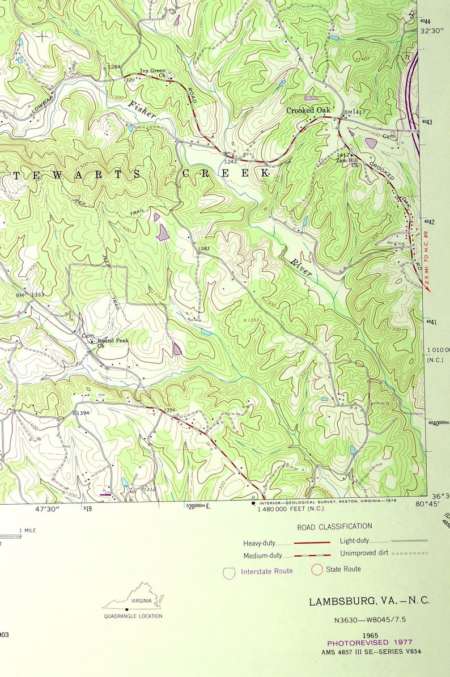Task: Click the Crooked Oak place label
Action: coord(308,111)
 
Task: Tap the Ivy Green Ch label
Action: coord(153,73)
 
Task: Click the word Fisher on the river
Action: coord(142,109)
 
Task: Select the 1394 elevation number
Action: coord(83,413)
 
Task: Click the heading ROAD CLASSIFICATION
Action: coord(334,527)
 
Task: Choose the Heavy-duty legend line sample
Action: coord(310,543)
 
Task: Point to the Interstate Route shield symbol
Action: coord(229,572)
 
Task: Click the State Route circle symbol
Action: coord(317,569)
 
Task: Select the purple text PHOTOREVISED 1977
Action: coord(365,642)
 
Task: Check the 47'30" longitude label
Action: coord(48,509)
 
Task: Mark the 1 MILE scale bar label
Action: coord(28,530)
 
